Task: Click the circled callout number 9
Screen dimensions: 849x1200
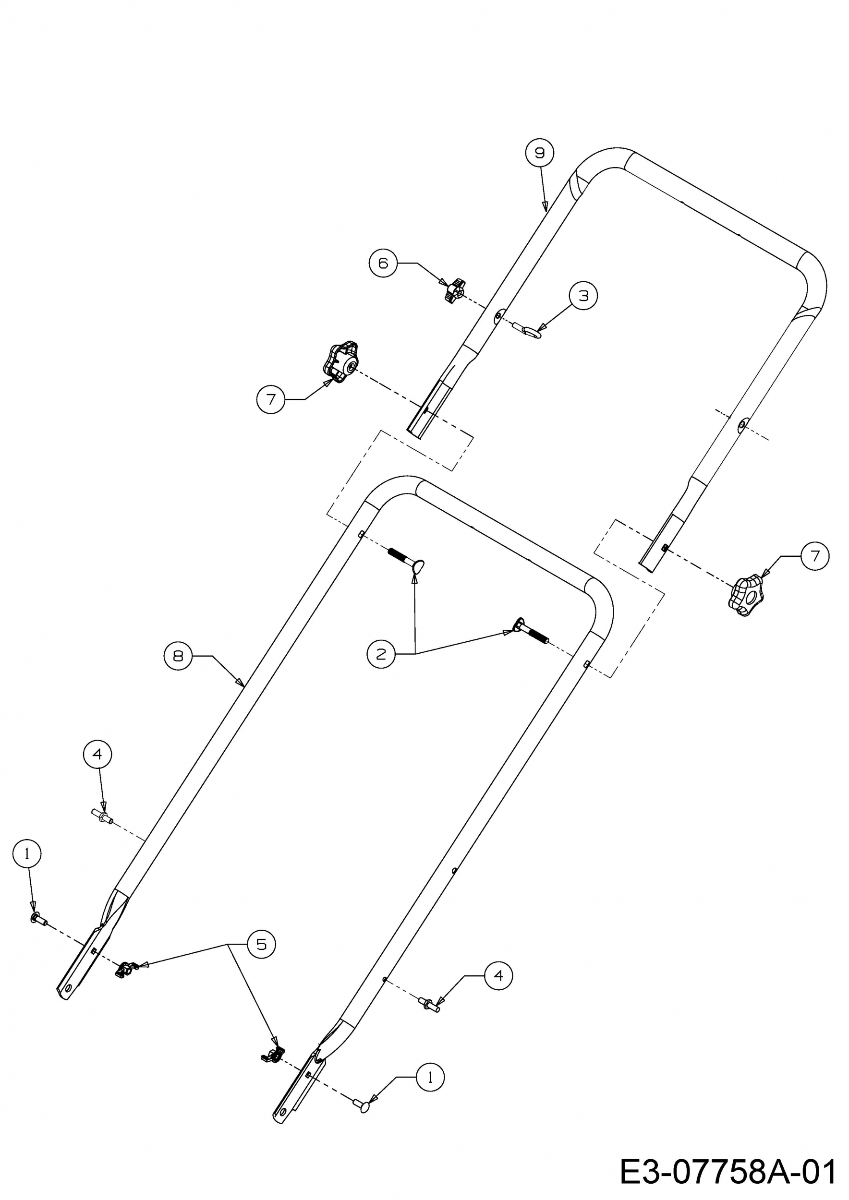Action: point(540,153)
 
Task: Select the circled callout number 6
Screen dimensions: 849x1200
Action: point(383,263)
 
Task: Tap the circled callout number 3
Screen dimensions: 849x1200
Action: point(583,296)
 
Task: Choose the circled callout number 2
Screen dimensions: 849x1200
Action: point(381,654)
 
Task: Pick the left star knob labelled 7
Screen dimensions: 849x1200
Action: point(340,362)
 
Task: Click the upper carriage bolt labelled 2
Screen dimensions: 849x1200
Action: point(406,559)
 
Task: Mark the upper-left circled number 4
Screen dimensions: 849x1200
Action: point(97,754)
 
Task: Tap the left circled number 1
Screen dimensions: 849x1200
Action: point(27,853)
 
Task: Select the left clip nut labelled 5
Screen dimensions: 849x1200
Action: point(124,970)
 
